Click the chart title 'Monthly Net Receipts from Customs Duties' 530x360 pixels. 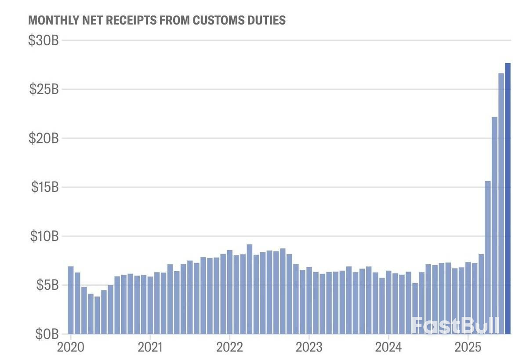point(156,20)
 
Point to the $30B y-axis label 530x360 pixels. point(44,40)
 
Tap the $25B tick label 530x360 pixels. point(44,89)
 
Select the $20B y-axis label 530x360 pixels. point(44,138)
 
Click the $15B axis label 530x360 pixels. point(44,187)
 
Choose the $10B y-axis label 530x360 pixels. point(44,236)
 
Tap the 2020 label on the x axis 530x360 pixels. point(71,347)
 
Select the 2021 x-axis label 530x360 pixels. point(150,347)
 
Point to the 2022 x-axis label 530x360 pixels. point(230,347)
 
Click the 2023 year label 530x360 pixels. point(309,347)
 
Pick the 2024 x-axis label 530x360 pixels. point(388,347)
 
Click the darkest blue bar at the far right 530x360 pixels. point(508,198)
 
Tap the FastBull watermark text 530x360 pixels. point(455,326)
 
